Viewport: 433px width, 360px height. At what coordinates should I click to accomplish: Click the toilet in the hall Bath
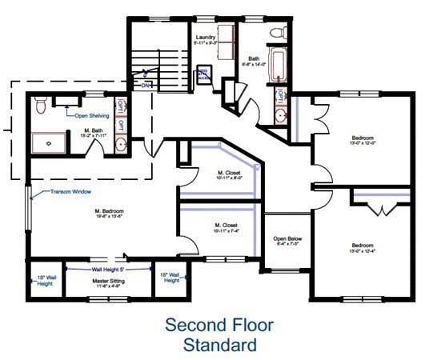tap(276, 34)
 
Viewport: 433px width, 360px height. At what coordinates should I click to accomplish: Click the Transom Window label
tap(71, 192)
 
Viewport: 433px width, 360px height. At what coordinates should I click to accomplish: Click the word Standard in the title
tap(220, 346)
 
